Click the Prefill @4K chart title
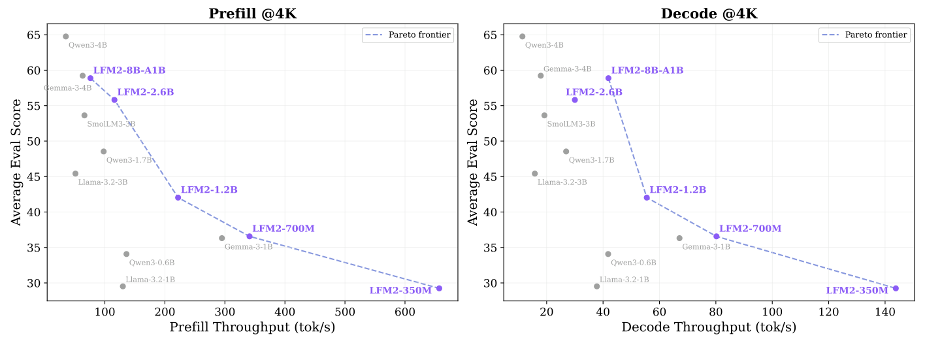pyautogui.click(x=252, y=14)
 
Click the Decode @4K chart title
pyautogui.click(x=709, y=14)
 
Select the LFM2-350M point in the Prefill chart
pyautogui.click(x=439, y=288)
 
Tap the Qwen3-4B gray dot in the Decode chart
pyautogui.click(x=522, y=37)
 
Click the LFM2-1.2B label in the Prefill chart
pyautogui.click(x=209, y=190)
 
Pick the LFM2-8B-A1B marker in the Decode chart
pyautogui.click(x=608, y=78)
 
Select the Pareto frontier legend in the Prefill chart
pyautogui.click(x=407, y=35)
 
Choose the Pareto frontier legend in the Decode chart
pyautogui.click(x=864, y=35)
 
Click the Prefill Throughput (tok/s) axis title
pyautogui.click(x=252, y=327)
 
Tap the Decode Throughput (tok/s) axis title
pyautogui.click(x=709, y=327)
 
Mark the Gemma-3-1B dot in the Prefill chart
pyautogui.click(x=222, y=238)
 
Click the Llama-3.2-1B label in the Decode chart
pyautogui.click(x=625, y=280)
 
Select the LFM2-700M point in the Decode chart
pyautogui.click(x=716, y=237)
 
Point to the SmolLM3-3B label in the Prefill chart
pyautogui.click(x=111, y=124)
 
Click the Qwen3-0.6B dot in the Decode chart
pyautogui.click(x=608, y=254)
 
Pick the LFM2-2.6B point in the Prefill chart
pyautogui.click(x=114, y=100)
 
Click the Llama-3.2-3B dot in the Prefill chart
pyautogui.click(x=75, y=174)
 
